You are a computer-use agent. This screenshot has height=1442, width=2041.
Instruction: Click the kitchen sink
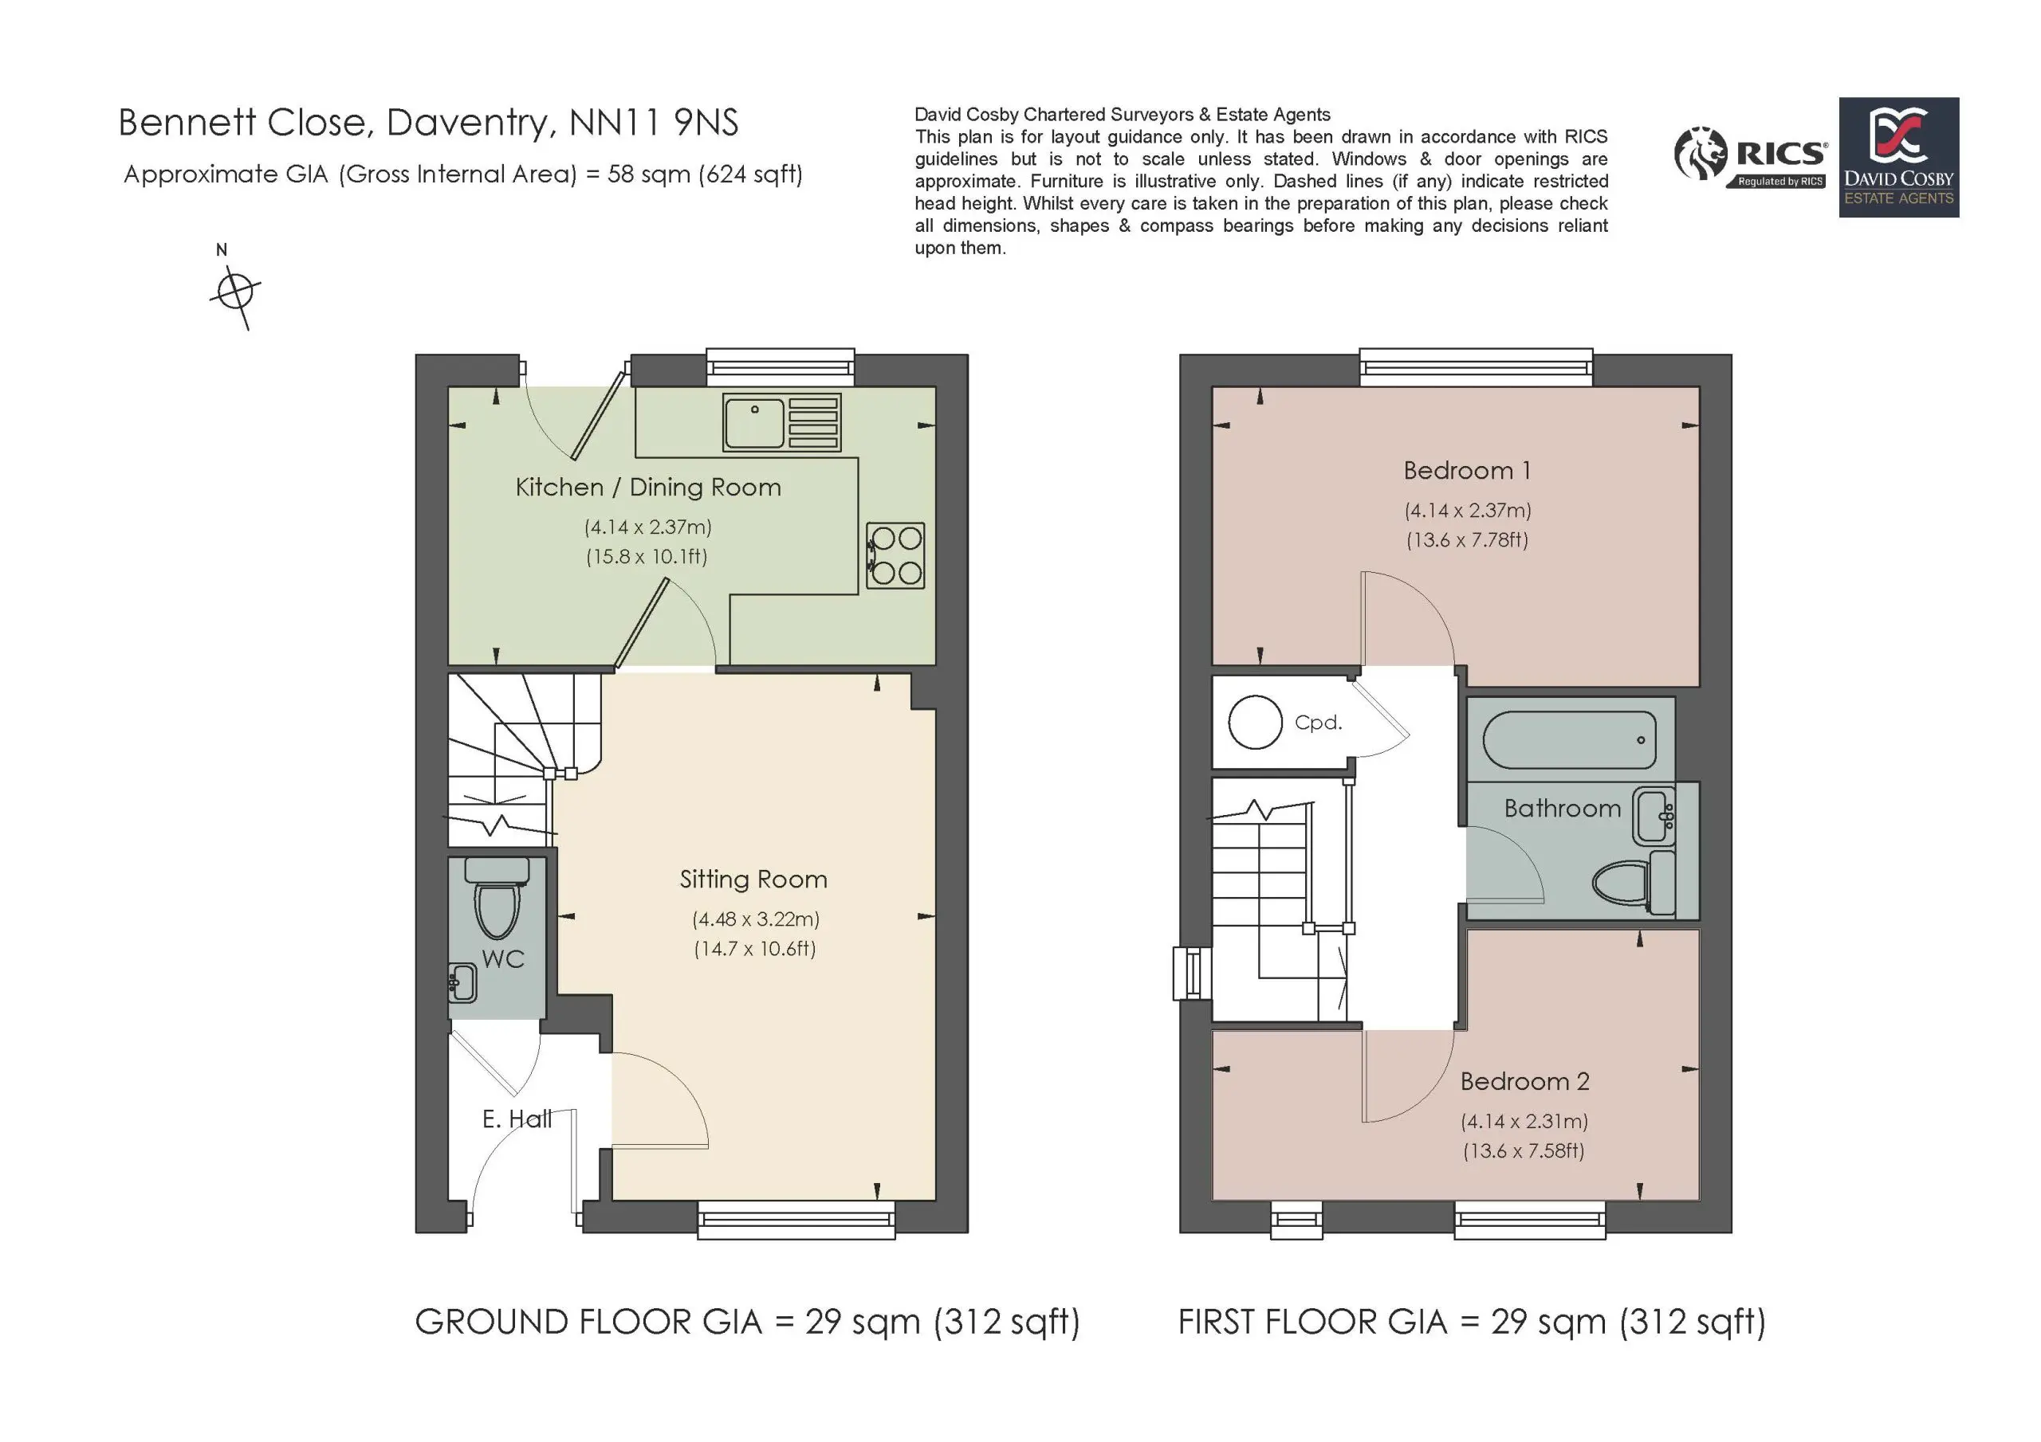coord(781,421)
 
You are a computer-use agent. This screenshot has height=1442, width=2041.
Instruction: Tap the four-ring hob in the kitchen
coord(895,555)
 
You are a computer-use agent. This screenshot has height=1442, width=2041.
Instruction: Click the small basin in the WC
coord(462,982)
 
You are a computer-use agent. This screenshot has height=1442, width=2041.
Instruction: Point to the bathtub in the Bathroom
coord(1570,739)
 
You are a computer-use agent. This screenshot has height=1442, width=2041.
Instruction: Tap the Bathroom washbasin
coord(1654,816)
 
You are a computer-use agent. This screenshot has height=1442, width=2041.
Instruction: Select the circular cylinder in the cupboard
coord(1255,723)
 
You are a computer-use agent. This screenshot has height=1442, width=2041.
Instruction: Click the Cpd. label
coord(1319,723)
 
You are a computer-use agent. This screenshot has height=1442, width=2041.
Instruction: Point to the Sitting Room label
coord(754,880)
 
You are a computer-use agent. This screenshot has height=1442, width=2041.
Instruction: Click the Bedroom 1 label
coord(1468,470)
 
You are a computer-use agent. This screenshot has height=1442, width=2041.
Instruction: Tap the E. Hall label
coord(517,1119)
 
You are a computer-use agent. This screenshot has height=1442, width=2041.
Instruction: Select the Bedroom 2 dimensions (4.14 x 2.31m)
coord(1524,1121)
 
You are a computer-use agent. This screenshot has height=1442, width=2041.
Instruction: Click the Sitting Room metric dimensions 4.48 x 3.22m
coord(756,919)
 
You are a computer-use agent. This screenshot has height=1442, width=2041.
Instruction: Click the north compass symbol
coord(235,291)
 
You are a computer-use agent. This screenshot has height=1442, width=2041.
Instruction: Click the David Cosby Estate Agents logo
coord(1899,157)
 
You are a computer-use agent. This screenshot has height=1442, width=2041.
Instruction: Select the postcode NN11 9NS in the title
coord(654,123)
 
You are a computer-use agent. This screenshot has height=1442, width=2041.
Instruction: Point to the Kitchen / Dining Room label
coord(648,487)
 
